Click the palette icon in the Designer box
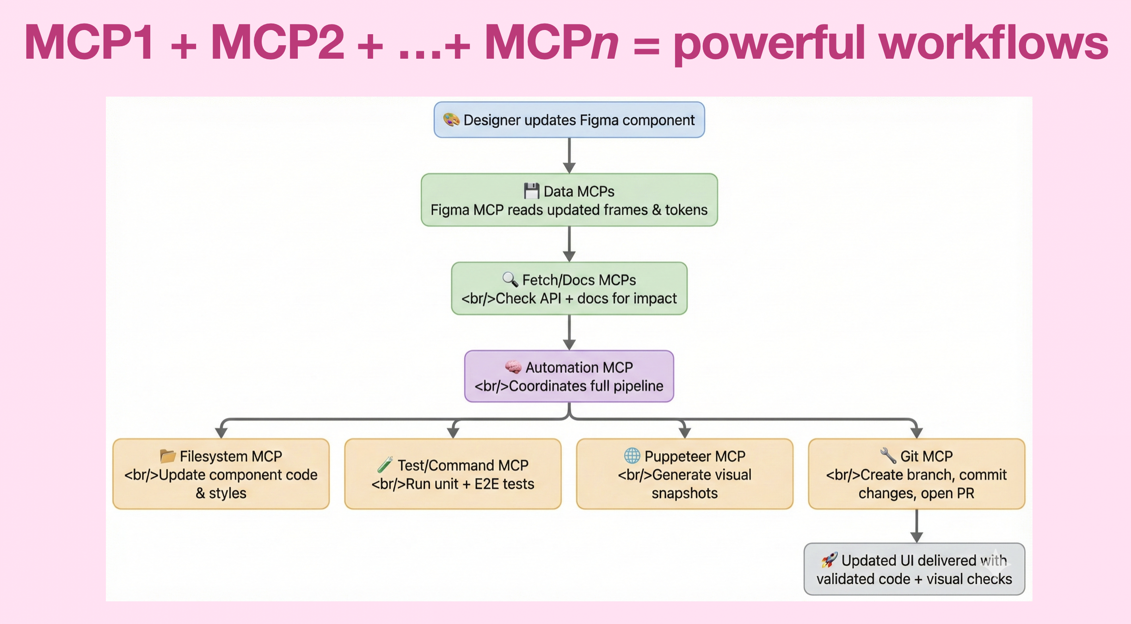[451, 120]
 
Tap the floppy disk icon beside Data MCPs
[531, 191]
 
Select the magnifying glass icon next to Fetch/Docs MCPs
[510, 279]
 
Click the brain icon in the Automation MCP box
[513, 367]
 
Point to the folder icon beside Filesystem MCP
[167, 456]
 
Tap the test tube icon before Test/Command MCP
[385, 465]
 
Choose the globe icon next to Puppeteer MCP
[632, 456]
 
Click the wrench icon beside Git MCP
[888, 456]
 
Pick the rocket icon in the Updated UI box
[829, 560]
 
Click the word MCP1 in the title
[89, 43]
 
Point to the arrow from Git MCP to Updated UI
[916, 526]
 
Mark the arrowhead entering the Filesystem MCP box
[221, 433]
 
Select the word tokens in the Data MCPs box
[686, 210]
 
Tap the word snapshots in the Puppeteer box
[684, 493]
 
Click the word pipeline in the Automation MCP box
[638, 386]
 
